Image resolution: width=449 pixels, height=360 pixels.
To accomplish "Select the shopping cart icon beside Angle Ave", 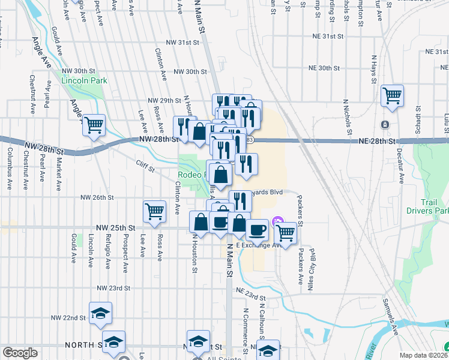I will (x=94, y=125).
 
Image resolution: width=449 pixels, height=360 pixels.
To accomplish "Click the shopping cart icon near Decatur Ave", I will (x=392, y=94).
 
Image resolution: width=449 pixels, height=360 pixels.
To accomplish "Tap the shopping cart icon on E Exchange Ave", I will (x=286, y=232).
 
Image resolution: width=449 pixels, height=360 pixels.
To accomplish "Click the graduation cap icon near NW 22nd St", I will (x=100, y=313).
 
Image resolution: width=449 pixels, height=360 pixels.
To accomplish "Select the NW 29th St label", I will (x=164, y=100).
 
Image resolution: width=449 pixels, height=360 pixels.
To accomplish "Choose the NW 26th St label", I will (x=97, y=197).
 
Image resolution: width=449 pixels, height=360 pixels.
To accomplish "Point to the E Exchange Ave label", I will (x=259, y=245).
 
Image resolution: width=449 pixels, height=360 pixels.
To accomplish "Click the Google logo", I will (x=20, y=353).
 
